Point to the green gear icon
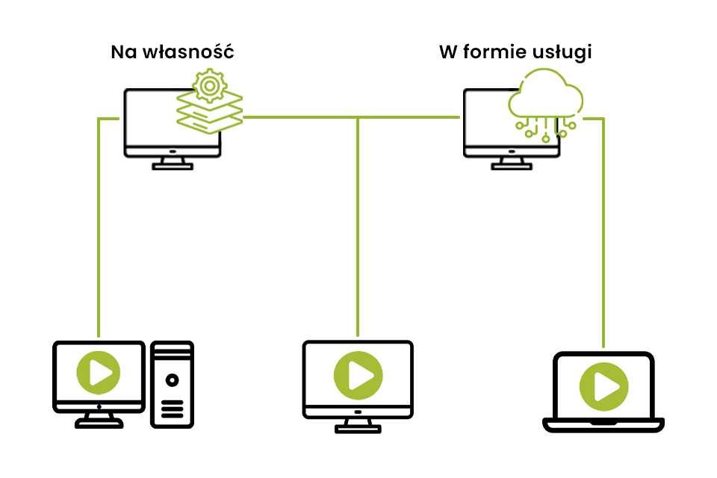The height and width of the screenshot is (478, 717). [210, 87]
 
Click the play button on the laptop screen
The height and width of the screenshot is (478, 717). [603, 386]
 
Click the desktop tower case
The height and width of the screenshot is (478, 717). [173, 385]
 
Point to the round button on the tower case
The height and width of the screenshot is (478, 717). [173, 380]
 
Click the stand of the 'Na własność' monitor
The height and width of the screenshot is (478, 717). [172, 163]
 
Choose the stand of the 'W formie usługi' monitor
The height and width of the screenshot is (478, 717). [511, 163]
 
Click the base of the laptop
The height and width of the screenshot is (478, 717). [603, 425]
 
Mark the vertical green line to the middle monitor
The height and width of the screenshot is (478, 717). [358, 224]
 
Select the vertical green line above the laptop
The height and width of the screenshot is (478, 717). [603, 232]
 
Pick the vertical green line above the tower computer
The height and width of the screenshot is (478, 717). [99, 224]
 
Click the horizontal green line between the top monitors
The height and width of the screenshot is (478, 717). [351, 117]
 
